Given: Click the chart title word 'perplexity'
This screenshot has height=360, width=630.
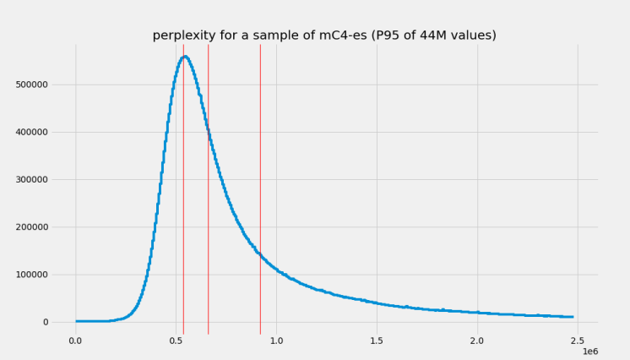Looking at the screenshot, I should pyautogui.click(x=182, y=35).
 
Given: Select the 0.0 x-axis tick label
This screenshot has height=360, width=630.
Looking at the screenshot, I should pyautogui.click(x=75, y=341).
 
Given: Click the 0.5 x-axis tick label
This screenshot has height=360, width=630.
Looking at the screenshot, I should pyautogui.click(x=176, y=341).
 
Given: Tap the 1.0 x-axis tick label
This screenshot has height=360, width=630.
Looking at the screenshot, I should pyautogui.click(x=276, y=341).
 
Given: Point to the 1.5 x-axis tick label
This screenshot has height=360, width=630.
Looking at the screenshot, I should pyautogui.click(x=377, y=341).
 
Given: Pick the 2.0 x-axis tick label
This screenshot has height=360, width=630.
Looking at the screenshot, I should pyautogui.click(x=477, y=341).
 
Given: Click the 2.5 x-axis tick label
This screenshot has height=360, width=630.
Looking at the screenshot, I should pyautogui.click(x=578, y=341).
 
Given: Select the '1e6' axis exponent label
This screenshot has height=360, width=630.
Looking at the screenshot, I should pyautogui.click(x=590, y=351).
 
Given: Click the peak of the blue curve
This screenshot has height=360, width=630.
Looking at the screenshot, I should pyautogui.click(x=185, y=57).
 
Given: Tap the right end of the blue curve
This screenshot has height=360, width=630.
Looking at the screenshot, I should pyautogui.click(x=573, y=317).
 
